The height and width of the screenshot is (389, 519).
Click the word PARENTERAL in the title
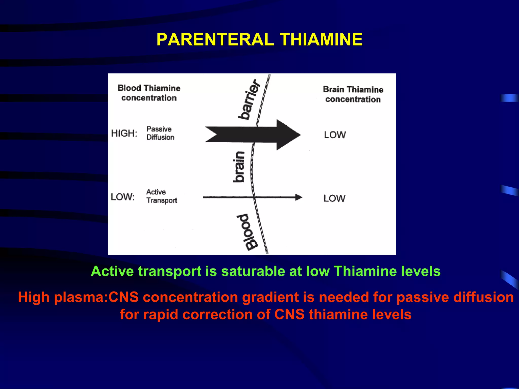pyautogui.click(x=215, y=40)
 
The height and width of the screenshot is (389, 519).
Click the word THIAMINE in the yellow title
pyautogui.click(x=321, y=40)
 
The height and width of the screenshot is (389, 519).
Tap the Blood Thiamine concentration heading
pyautogui.click(x=149, y=93)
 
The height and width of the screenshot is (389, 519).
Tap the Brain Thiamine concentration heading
pyautogui.click(x=353, y=94)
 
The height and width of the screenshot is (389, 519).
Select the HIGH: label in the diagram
pyautogui.click(x=124, y=133)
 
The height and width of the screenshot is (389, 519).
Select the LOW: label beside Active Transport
pyautogui.click(x=123, y=197)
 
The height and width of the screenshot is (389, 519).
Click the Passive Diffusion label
pyautogui.click(x=160, y=133)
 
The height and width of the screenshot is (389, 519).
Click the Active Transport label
pyautogui.click(x=161, y=196)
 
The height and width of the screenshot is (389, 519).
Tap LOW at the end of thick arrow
pyautogui.click(x=335, y=135)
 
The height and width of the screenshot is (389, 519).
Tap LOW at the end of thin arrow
pyautogui.click(x=334, y=198)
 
